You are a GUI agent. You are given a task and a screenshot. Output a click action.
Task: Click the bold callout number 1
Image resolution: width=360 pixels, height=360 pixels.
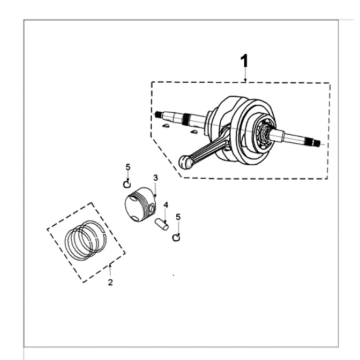pyautogui.click(x=244, y=61)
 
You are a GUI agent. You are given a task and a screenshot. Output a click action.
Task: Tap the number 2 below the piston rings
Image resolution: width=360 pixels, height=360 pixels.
pyautogui.click(x=110, y=282)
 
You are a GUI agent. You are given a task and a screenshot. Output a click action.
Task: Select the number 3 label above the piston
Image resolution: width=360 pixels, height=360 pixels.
pyautogui.click(x=155, y=178)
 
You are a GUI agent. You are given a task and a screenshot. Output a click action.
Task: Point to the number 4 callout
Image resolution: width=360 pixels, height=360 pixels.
pyautogui.click(x=166, y=205)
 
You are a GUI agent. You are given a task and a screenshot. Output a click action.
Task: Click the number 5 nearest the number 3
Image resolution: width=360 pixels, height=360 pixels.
pyautogui.click(x=128, y=167)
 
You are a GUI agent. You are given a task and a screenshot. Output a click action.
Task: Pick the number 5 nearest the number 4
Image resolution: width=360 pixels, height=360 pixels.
pyautogui.click(x=178, y=217)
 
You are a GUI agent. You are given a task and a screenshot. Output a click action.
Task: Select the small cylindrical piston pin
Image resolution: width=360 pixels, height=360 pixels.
pyautogui.click(x=162, y=223)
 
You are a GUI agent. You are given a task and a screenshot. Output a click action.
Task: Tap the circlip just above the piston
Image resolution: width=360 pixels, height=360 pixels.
pyautogui.click(x=127, y=184)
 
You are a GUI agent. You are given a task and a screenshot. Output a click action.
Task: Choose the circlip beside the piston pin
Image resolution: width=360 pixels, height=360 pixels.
pyautogui.click(x=176, y=237)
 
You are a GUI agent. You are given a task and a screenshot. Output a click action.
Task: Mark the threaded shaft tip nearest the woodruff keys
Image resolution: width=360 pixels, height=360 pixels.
pyautogui.click(x=158, y=115)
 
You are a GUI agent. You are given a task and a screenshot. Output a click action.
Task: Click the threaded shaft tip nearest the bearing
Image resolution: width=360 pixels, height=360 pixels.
pyautogui.click(x=317, y=142)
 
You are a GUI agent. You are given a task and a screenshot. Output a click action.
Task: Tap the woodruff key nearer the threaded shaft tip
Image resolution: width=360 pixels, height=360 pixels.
pyautogui.click(x=165, y=126)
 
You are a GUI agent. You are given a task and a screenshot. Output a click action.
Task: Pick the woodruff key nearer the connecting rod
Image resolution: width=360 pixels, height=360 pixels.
pyautogui.click(x=192, y=133)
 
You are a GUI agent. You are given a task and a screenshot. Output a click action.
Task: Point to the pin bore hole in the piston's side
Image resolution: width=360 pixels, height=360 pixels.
pyautogui.click(x=152, y=208)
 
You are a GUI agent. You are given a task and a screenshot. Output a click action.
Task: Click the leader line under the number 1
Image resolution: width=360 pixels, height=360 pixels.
pyautogui.click(x=245, y=75)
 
